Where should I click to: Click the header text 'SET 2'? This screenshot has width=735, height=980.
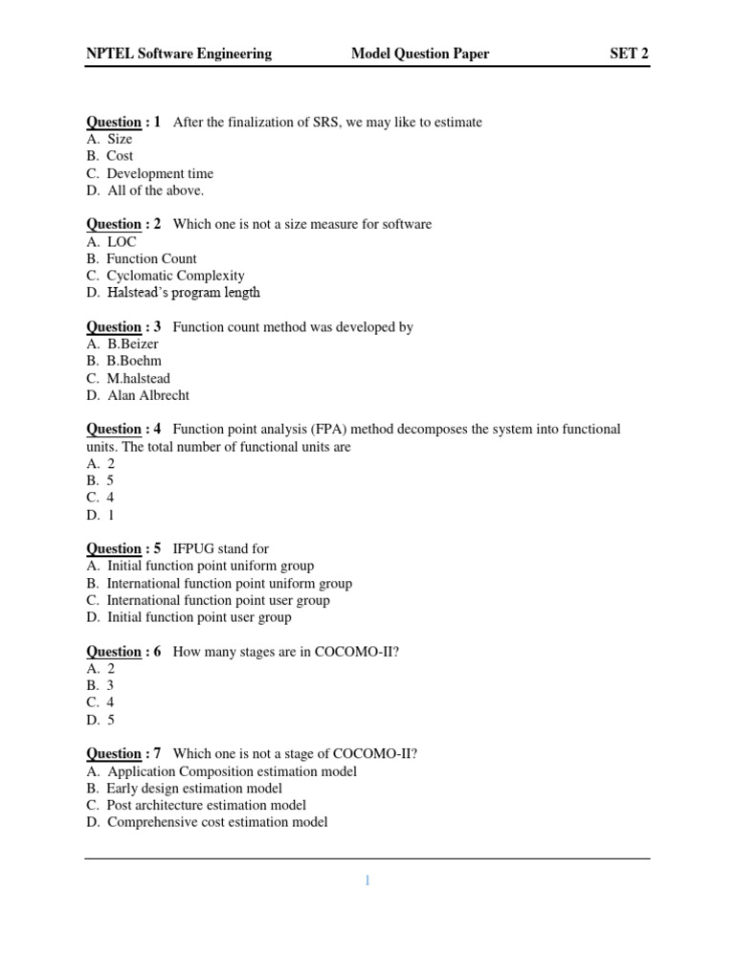click(x=629, y=54)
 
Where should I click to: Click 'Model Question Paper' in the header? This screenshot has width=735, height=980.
click(x=420, y=54)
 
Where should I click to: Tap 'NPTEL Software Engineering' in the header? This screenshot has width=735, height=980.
click(x=179, y=54)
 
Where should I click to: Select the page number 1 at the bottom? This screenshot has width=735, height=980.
click(x=367, y=880)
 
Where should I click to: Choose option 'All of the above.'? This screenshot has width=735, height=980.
click(x=155, y=190)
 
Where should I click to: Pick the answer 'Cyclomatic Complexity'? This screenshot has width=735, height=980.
click(x=175, y=276)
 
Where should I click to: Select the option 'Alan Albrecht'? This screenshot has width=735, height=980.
click(x=148, y=395)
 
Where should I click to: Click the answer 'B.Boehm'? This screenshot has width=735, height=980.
click(x=134, y=361)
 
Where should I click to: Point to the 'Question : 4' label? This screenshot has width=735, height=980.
click(x=123, y=429)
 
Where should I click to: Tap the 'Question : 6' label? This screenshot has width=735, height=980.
click(x=123, y=652)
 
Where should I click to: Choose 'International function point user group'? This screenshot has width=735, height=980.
click(x=218, y=600)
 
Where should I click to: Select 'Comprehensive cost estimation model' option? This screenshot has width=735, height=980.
click(x=217, y=822)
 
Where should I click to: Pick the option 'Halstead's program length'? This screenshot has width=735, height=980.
click(x=183, y=293)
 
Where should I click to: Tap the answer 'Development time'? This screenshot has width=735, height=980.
click(x=160, y=173)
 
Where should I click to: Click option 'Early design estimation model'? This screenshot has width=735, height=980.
click(x=194, y=788)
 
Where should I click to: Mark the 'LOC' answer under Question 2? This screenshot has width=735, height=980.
click(x=122, y=241)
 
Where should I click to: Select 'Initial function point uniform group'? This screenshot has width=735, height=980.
click(x=211, y=566)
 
